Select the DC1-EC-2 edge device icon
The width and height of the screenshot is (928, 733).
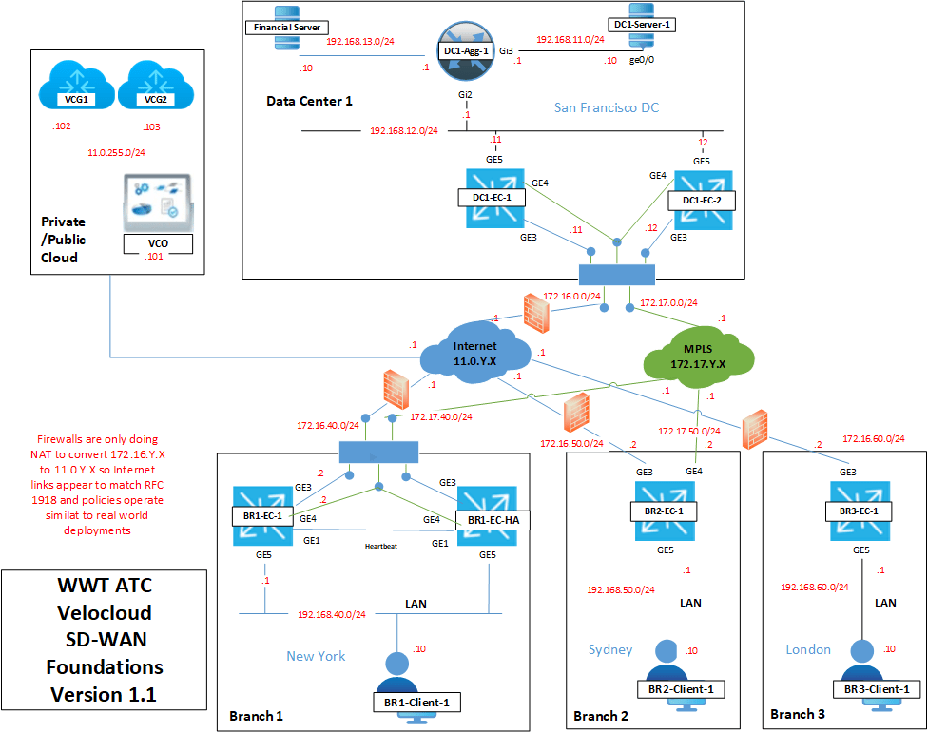[x=703, y=200]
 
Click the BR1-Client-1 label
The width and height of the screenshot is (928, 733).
[x=416, y=702]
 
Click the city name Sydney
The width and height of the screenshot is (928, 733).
[x=610, y=649]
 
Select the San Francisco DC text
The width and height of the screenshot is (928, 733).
[x=607, y=107]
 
